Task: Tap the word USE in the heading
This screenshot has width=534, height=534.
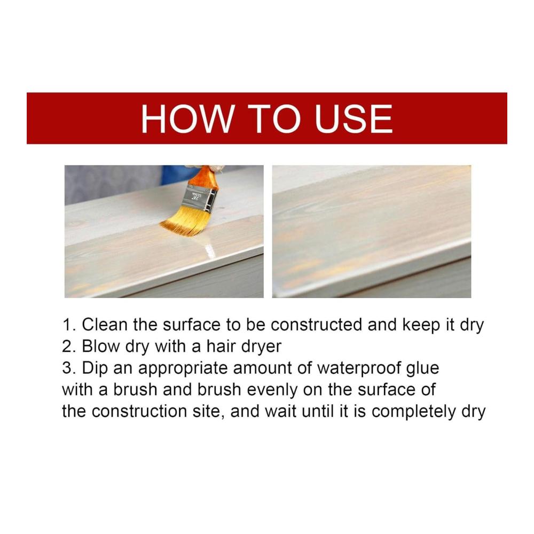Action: tap(354, 119)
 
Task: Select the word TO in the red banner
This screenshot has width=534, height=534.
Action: tap(274, 119)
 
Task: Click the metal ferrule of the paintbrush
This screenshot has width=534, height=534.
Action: tap(199, 199)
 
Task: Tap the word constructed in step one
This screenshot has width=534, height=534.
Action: tap(316, 325)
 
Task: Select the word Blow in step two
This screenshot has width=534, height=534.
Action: tap(101, 347)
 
